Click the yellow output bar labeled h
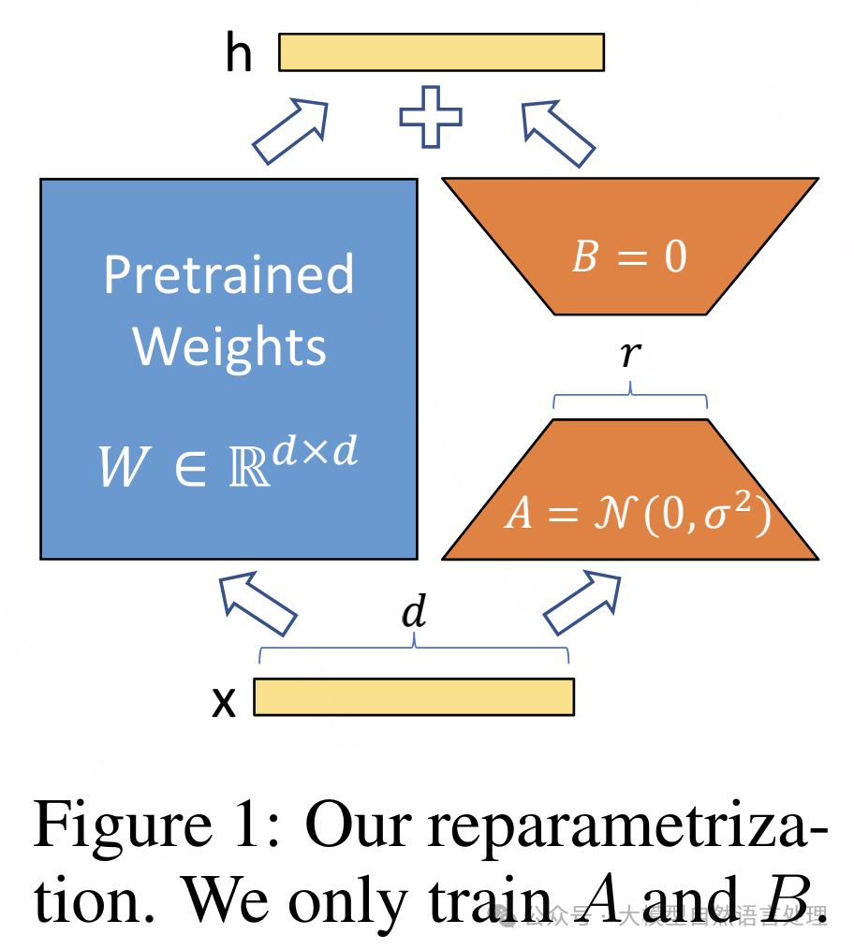coord(441,52)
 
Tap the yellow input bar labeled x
coord(413,697)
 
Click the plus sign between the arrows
coord(431,117)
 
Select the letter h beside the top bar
coord(239,54)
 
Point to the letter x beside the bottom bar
coord(224,701)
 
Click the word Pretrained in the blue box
coord(228,274)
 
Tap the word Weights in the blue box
coord(229,346)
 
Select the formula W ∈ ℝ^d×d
coord(228,462)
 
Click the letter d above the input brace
coord(413,613)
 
